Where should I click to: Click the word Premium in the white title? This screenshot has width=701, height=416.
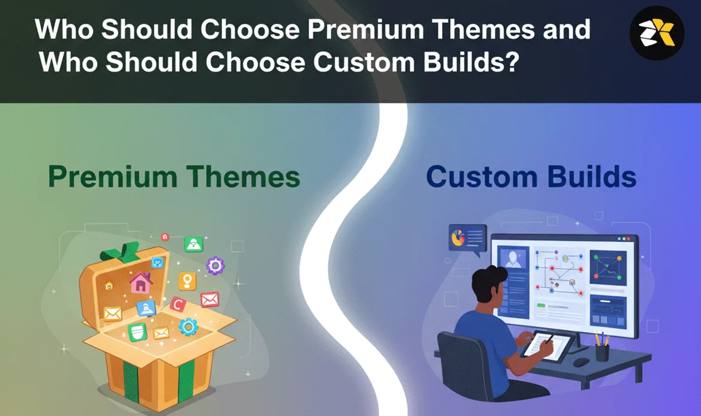click(365, 29)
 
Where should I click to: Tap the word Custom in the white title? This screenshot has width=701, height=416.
click(364, 62)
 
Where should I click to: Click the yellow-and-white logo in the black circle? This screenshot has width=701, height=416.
click(656, 33)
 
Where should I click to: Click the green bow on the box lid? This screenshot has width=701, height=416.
click(120, 252)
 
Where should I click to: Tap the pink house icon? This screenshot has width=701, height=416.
click(141, 283)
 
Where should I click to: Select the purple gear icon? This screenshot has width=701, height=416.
click(216, 266)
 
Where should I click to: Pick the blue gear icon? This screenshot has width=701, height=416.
click(188, 327)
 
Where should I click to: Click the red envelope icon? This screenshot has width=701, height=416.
click(210, 299)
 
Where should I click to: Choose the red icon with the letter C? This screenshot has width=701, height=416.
click(177, 306)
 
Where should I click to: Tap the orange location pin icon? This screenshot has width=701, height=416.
click(187, 281)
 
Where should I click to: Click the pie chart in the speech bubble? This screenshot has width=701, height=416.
click(458, 237)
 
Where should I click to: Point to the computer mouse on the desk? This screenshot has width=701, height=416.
click(581, 362)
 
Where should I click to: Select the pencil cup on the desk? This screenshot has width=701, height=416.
click(602, 352)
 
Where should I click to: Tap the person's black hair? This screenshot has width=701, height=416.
click(488, 281)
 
